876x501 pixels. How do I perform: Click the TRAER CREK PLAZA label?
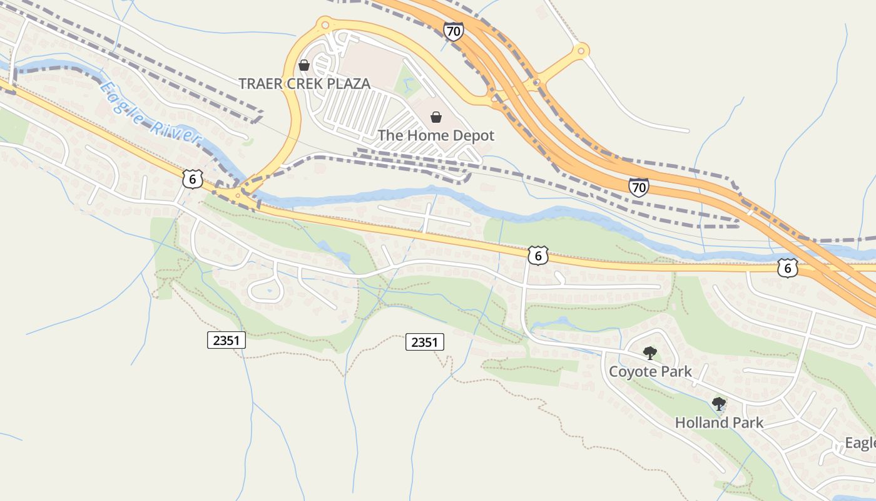pyautogui.click(x=304, y=83)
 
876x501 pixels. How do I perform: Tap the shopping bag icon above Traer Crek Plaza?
pyautogui.click(x=304, y=65)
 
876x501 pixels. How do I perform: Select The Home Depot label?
pyautogui.click(x=435, y=135)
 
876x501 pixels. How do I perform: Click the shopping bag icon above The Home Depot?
pyautogui.click(x=436, y=117)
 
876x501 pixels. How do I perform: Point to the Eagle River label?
pyautogui.click(x=150, y=113)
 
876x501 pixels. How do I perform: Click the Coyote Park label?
pyautogui.click(x=650, y=371)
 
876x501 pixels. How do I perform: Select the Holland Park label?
pyautogui.click(x=719, y=423)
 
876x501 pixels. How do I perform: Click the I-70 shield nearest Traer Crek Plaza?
pyautogui.click(x=453, y=31)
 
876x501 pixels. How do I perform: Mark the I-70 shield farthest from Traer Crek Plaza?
pyautogui.click(x=638, y=187)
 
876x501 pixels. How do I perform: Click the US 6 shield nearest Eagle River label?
pyautogui.click(x=193, y=179)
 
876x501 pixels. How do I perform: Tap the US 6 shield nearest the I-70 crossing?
pyautogui.click(x=788, y=267)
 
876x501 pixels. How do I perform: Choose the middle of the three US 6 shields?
pyautogui.click(x=537, y=255)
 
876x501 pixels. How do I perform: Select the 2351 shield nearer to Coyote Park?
pyautogui.click(x=424, y=342)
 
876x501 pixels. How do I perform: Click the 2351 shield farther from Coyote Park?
pyautogui.click(x=226, y=340)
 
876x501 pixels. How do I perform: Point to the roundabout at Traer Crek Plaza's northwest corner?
pyautogui.click(x=324, y=25)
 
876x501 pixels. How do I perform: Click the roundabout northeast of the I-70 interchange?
pyautogui.click(x=582, y=49)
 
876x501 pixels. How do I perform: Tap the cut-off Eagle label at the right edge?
pyautogui.click(x=860, y=443)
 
